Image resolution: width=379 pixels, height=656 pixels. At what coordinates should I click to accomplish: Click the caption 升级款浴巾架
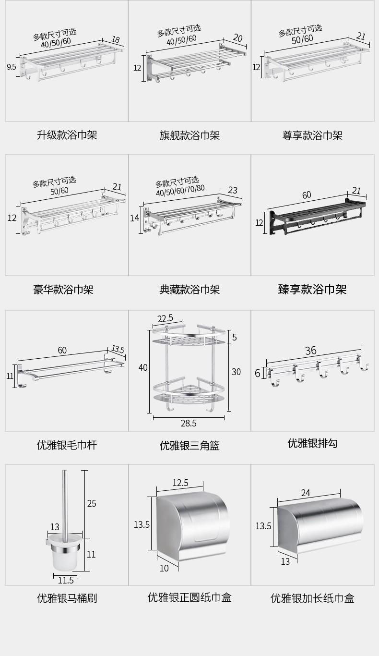pyautogui.click(x=67, y=135)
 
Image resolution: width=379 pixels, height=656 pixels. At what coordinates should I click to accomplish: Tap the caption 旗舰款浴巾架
pyautogui.click(x=189, y=135)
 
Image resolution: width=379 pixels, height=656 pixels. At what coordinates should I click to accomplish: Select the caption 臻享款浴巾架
pyautogui.click(x=312, y=289)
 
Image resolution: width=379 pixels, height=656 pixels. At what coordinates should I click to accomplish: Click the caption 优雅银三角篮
pyautogui.click(x=189, y=445)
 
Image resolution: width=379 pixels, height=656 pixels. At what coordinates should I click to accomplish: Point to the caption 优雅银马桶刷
pyautogui.click(x=67, y=598)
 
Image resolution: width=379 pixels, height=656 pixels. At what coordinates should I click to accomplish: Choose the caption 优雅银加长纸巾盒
pyautogui.click(x=312, y=598)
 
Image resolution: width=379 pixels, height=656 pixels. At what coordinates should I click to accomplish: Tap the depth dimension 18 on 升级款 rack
pyautogui.click(x=116, y=39)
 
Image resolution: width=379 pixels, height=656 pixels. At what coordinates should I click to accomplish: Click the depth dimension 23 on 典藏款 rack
pyautogui.click(x=233, y=190)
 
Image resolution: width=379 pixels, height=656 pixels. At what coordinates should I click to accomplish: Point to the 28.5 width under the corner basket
pyautogui.click(x=188, y=423)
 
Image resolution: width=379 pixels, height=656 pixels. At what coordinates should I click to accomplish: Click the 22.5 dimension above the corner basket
pyautogui.click(x=166, y=318)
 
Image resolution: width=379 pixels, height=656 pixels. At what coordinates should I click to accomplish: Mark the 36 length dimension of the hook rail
pyautogui.click(x=311, y=351)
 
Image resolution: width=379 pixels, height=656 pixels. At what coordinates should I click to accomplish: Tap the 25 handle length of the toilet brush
pyautogui.click(x=92, y=503)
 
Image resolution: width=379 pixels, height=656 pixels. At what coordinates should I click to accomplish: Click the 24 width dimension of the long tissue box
pyautogui.click(x=306, y=492)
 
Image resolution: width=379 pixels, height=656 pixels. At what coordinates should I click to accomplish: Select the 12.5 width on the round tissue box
pyautogui.click(x=180, y=483)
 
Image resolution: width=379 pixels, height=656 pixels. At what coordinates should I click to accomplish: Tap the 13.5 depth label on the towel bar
pyautogui.click(x=118, y=350)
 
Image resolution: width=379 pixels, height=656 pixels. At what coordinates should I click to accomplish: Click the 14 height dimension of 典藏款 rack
pyautogui.click(x=134, y=219)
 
